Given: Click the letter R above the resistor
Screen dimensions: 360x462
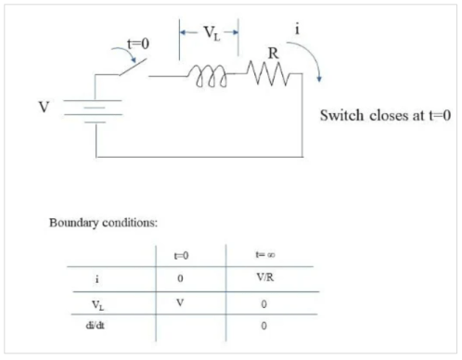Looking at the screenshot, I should tap(273, 54).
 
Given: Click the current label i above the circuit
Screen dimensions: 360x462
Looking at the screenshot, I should tap(297, 29).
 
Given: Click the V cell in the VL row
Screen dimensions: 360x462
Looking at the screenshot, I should tap(181, 300).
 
